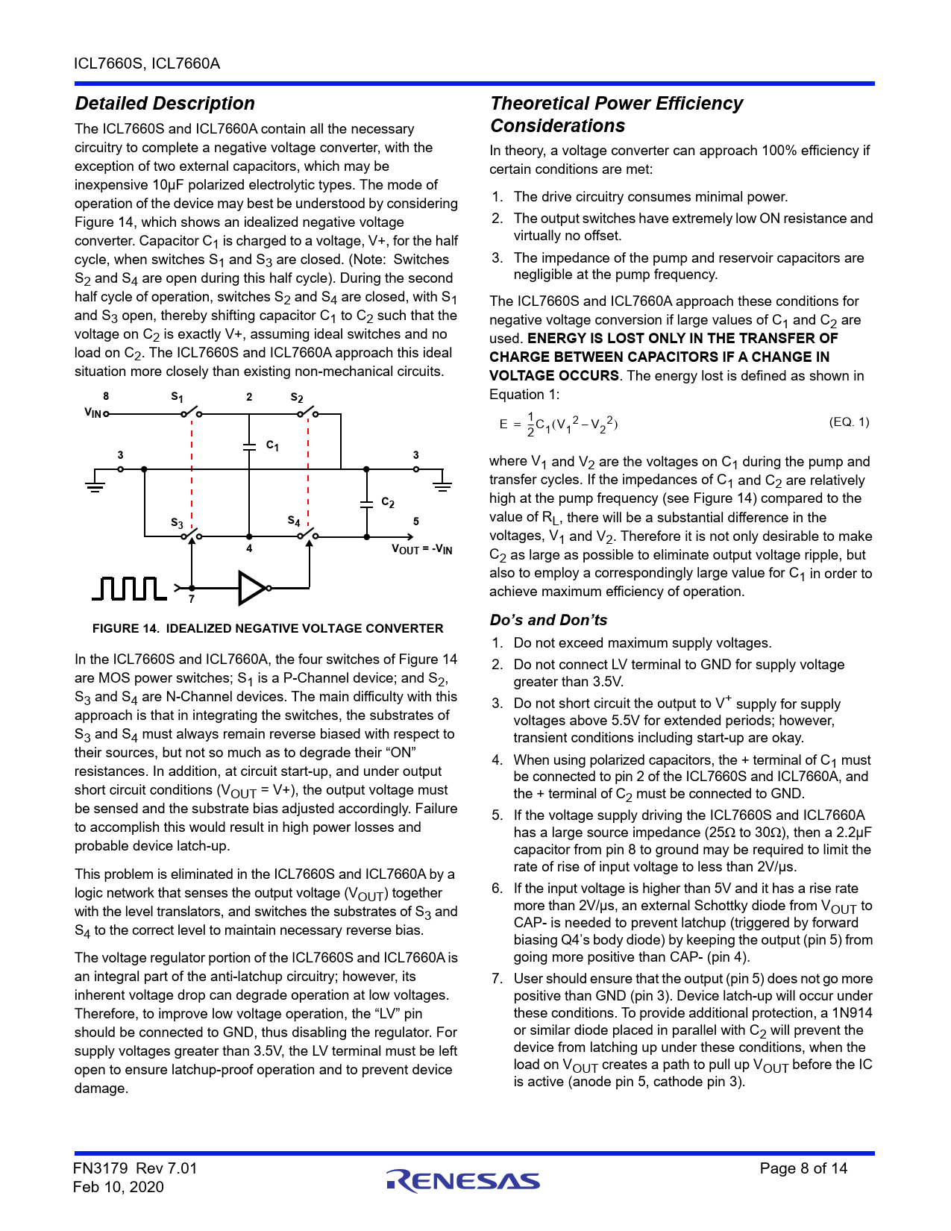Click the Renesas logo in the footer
[462, 1180]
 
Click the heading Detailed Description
[165, 104]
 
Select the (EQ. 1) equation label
[849, 422]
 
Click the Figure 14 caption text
[268, 628]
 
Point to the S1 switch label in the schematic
[178, 398]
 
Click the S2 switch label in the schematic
[297, 398]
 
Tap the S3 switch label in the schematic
[177, 523]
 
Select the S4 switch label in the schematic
[294, 521]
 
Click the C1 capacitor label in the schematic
[273, 445]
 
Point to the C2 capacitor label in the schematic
[388, 502]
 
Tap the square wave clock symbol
[129, 588]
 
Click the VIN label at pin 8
[92, 413]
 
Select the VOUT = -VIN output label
[422, 550]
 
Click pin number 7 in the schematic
[192, 599]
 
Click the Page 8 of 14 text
[803, 1168]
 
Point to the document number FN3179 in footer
[101, 1168]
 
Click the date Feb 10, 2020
[119, 1187]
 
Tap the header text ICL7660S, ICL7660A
[147, 63]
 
